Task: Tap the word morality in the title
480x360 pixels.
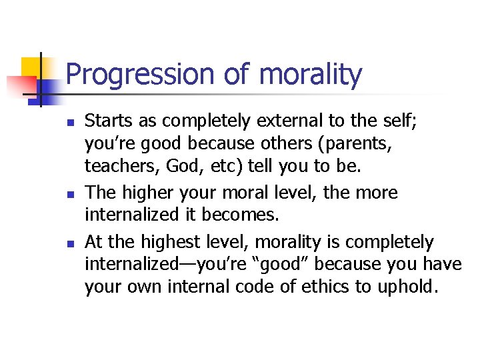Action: (311, 75)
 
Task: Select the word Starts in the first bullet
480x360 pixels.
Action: (106, 121)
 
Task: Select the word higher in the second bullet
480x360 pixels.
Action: (148, 193)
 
